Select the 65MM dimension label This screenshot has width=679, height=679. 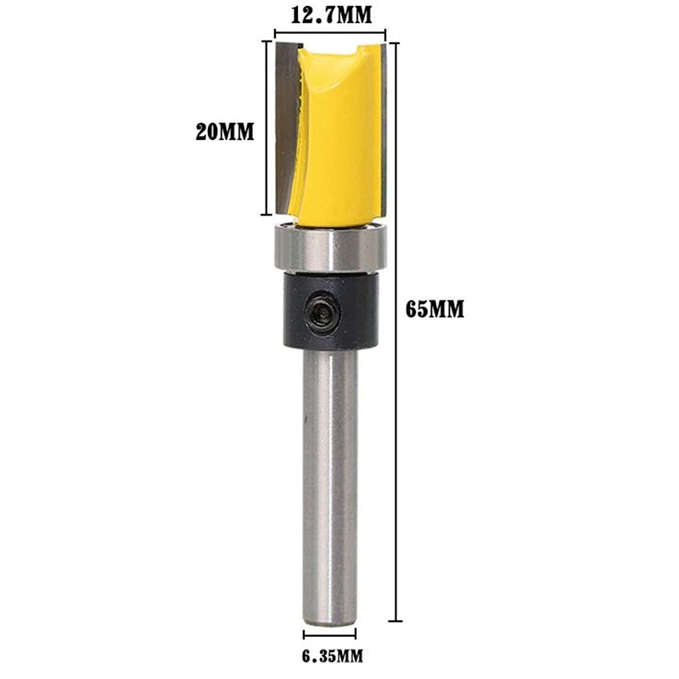pyautogui.click(x=434, y=309)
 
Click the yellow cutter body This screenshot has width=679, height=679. pyautogui.click(x=339, y=144)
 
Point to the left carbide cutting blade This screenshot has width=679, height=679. pyautogui.click(x=286, y=127)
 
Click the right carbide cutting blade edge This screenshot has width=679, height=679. pyautogui.click(x=384, y=127)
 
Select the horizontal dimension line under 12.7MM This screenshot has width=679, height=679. pyautogui.click(x=331, y=35)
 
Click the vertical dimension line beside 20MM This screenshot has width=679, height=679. pyautogui.click(x=268, y=127)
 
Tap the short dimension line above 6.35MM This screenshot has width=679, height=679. pyautogui.click(x=330, y=633)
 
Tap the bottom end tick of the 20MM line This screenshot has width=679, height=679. pyautogui.click(x=268, y=213)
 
